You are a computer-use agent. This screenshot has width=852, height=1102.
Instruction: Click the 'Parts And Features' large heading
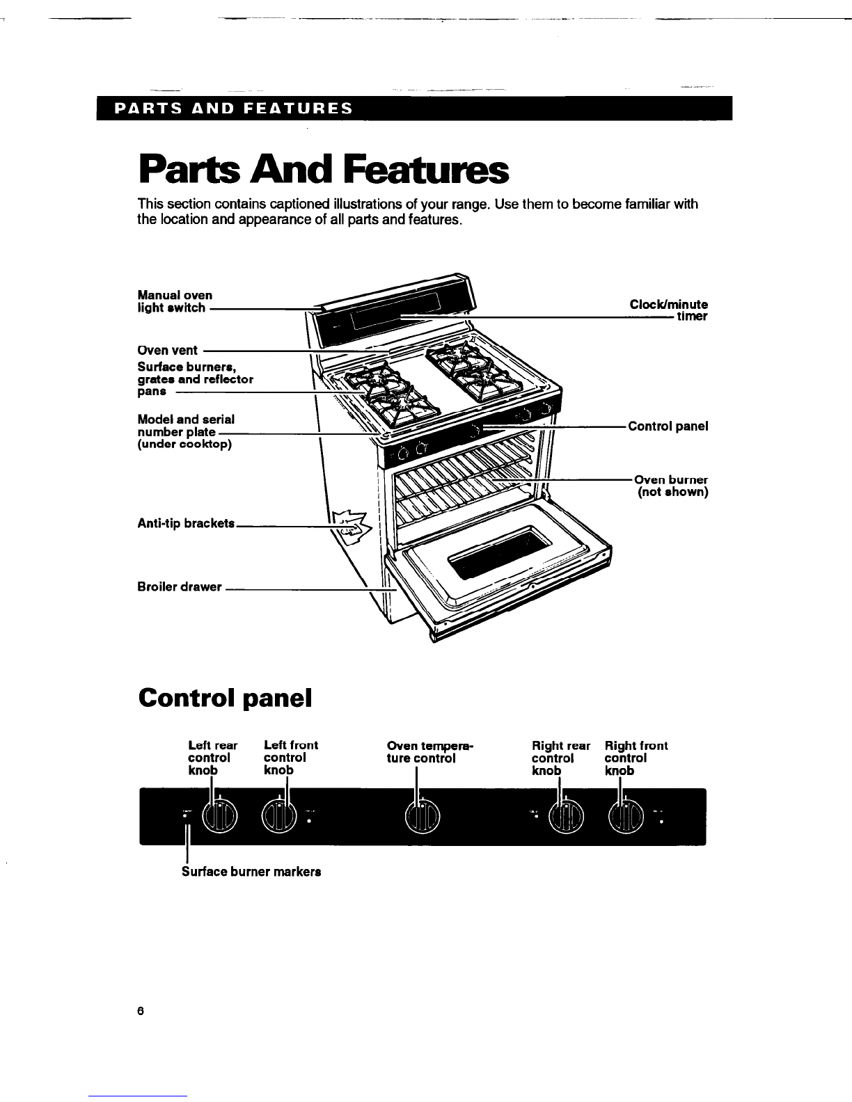tap(323, 170)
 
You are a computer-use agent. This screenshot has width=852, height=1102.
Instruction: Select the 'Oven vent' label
tap(167, 350)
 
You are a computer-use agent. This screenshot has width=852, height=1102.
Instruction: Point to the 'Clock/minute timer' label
tap(668, 310)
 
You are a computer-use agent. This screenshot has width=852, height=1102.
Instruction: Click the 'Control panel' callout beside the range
tap(668, 426)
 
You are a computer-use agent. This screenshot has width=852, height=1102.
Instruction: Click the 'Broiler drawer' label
tap(180, 586)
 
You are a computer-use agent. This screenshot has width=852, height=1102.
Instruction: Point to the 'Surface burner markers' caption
tap(251, 872)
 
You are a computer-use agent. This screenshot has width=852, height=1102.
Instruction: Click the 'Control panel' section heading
tap(224, 696)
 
